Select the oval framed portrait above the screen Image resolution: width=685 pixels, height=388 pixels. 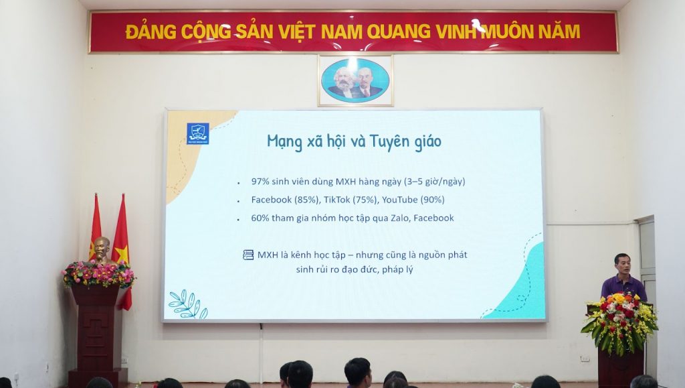tap(355, 80)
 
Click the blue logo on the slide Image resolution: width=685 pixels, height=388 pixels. tap(198, 133)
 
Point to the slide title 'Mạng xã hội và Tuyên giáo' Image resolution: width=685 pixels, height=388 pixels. tap(355, 141)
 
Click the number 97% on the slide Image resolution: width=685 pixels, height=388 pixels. tap(260, 181)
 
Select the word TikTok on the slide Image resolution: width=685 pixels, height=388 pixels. tap(337, 200)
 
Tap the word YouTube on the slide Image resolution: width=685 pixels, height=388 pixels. tap(400, 200)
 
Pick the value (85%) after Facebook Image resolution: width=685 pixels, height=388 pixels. tap(307, 200)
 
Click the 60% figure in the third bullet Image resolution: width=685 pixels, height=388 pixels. tap(260, 218)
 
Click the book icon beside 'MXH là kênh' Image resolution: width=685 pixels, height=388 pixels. tap(248, 255)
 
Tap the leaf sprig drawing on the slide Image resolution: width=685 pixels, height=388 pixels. tap(188, 304)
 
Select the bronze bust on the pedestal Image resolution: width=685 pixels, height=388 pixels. tap(102, 250)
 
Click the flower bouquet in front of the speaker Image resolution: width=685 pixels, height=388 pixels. tap(620, 322)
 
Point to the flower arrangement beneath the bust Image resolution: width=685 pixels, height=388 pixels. tap(99, 274)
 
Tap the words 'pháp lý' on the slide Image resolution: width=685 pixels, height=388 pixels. tap(397, 269)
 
